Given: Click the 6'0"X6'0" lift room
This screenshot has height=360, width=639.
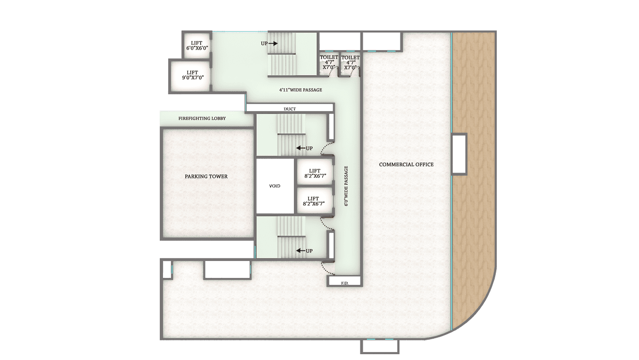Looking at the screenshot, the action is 197,45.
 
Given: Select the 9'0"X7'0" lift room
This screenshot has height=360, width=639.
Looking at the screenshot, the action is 193,75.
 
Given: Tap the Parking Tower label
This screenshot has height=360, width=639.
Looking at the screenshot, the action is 206,177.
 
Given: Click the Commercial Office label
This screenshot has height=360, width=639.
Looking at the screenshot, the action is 406,165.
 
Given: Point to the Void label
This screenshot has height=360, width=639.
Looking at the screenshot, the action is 275,186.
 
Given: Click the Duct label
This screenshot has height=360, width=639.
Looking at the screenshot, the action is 290,109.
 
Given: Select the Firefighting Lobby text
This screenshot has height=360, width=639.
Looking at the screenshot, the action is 202,118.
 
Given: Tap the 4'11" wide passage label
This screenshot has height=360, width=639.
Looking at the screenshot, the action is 301,90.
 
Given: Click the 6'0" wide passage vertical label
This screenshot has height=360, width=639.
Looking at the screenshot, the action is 346,186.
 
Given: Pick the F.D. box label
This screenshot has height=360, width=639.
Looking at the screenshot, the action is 345,283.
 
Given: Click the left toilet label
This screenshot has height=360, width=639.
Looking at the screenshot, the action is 329,62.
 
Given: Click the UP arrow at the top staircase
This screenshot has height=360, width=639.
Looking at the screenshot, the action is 273,43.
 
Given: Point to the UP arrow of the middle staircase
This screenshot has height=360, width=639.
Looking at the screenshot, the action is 301,148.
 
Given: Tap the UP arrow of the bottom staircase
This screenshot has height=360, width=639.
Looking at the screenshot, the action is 301,251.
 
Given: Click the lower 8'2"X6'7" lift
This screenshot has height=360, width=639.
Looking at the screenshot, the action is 314,201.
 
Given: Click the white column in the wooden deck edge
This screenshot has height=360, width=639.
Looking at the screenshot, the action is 459,154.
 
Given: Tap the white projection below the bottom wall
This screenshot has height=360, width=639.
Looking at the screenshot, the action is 380,347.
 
